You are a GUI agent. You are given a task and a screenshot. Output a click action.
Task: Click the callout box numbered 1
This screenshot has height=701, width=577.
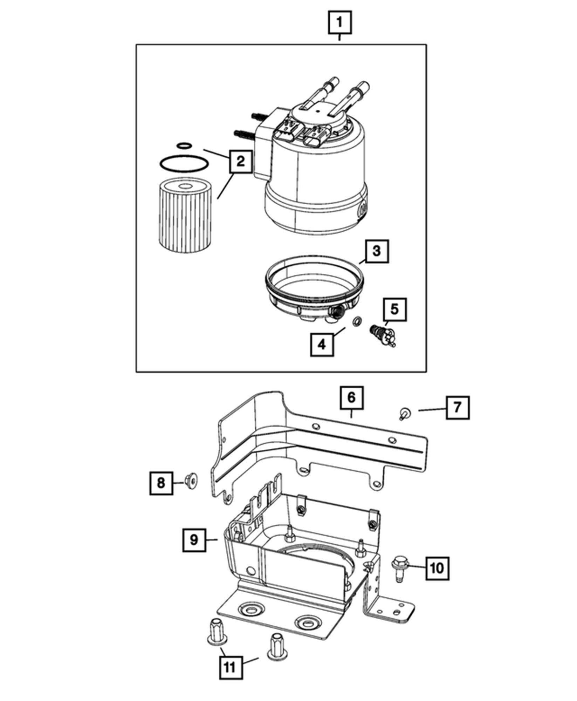pos(339,23)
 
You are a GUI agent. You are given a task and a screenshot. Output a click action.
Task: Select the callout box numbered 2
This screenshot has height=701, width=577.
pos(240,162)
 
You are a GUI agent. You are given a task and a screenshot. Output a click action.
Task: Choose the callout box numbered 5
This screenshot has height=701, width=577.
pos(394,309)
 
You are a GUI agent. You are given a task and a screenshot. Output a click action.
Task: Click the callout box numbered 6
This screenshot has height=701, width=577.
pos(351,398)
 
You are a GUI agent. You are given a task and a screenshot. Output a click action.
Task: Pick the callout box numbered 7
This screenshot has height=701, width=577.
pos(458,408)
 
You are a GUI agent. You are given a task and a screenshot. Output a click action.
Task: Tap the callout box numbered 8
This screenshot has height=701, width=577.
pos(161,483)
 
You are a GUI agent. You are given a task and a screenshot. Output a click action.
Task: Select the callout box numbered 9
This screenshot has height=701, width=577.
pos(194,550)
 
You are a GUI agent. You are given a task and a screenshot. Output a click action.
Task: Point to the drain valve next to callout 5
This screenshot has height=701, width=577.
pos(383,334)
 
